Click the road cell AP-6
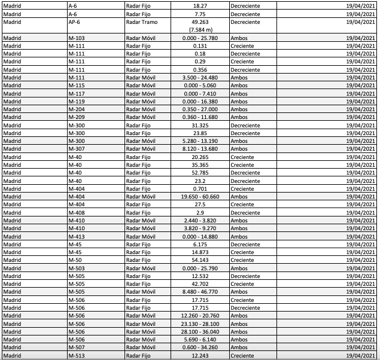75,22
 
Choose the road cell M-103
77,38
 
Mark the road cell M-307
77,149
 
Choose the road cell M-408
77,212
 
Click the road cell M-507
77,347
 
